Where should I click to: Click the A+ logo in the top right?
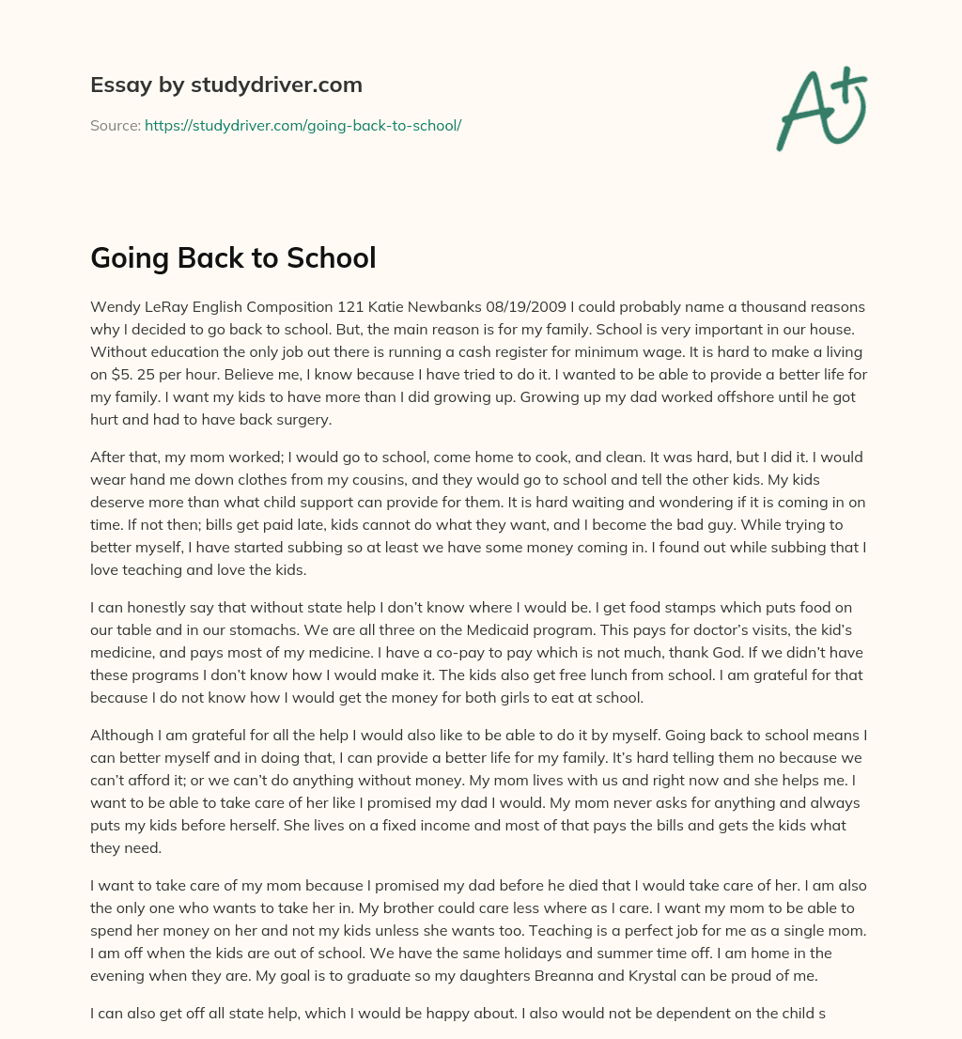(821, 108)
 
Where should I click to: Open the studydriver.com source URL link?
(303, 125)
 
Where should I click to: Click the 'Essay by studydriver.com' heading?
(226, 85)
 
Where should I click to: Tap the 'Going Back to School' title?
(233, 258)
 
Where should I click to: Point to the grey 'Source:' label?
(115, 125)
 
